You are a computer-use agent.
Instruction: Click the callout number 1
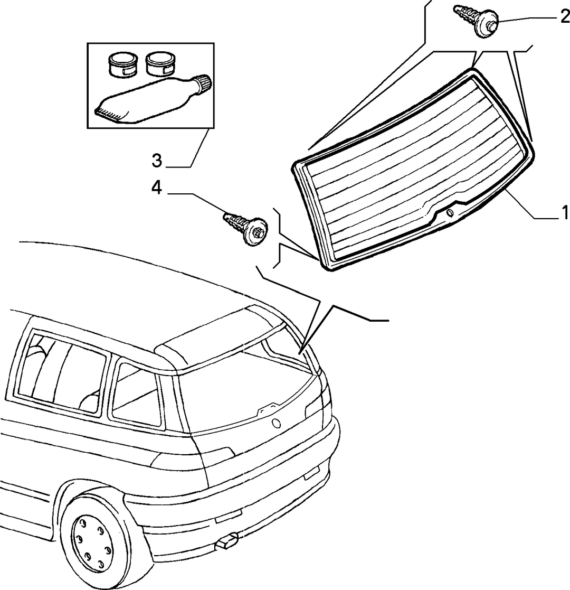[564, 213]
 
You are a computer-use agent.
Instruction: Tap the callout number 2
[565, 17]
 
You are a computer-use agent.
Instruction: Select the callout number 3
[157, 161]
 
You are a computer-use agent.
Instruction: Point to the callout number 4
[156, 188]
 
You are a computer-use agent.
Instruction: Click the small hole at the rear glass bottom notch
[449, 213]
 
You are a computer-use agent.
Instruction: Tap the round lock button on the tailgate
[277, 423]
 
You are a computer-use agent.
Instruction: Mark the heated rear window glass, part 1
[414, 170]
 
